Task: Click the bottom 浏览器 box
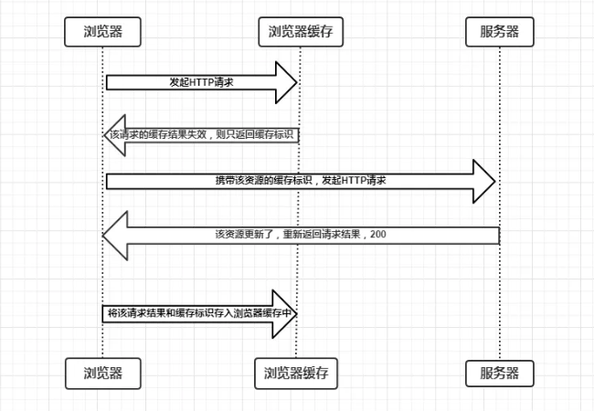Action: click(102, 372)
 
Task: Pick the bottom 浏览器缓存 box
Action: click(296, 372)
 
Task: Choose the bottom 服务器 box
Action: click(499, 372)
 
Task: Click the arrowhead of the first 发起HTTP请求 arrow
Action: click(287, 82)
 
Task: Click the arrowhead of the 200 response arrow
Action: click(115, 235)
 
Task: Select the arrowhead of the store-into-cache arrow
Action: click(289, 312)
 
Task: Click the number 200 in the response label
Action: click(379, 235)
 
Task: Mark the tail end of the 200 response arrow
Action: click(496, 235)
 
